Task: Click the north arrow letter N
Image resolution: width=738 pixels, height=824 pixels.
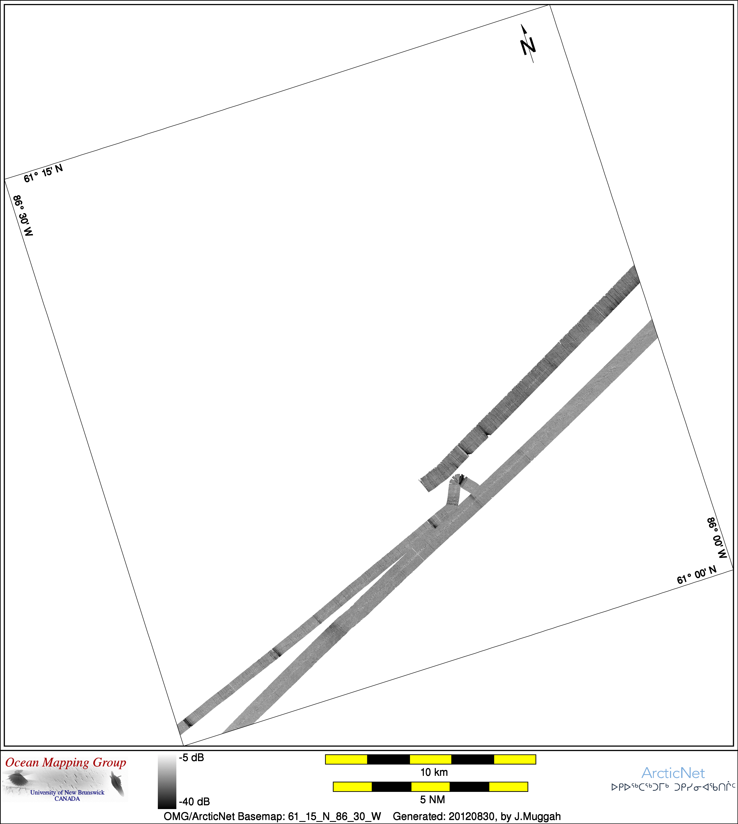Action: pos(528,46)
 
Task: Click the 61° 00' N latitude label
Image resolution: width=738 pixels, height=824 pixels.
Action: pos(697,575)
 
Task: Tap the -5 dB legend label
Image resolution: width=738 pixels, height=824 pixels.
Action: pos(191,758)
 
